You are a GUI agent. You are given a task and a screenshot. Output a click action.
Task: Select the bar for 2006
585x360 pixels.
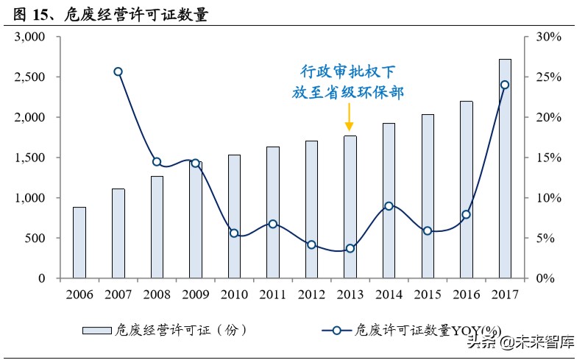(79, 242)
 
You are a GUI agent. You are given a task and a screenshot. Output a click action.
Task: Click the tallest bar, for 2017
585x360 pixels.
(505, 169)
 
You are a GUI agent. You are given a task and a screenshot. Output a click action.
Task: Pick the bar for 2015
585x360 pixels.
(428, 196)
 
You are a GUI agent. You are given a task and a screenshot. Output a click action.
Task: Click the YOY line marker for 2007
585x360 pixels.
(118, 71)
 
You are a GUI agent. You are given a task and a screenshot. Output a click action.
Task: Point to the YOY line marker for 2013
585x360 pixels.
(350, 248)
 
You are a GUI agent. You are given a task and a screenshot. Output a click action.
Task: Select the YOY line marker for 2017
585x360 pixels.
(505, 85)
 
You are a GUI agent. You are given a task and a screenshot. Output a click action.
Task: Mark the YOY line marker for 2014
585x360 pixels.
(389, 206)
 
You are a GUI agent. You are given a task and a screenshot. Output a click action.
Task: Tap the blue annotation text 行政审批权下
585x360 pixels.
(349, 71)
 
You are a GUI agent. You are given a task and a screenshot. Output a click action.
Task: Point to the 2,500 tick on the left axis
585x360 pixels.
(30, 77)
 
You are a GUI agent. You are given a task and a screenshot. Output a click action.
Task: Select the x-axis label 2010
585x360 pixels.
(233, 294)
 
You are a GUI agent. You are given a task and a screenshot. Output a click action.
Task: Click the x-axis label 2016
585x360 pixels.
(466, 294)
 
